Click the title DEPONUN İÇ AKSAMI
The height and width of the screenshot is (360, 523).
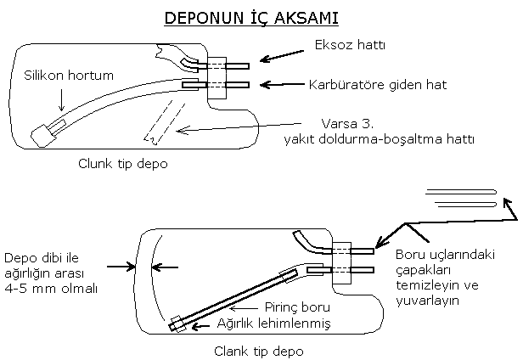[x=251, y=18]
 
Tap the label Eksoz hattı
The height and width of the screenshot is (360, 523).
[x=350, y=45]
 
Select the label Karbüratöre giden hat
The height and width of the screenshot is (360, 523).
[x=377, y=85]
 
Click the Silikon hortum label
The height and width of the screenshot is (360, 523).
[x=69, y=76]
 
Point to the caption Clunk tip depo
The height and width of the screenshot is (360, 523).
[x=123, y=164]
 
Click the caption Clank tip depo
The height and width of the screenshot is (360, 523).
[x=258, y=351]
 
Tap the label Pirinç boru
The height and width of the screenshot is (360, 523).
[x=297, y=307]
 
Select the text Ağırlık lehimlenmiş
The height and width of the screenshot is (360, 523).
[x=273, y=323]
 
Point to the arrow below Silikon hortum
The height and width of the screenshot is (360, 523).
[x=61, y=99]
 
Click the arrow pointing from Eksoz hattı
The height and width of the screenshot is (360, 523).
[x=282, y=56]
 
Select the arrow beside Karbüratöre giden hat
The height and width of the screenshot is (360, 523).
[x=282, y=85]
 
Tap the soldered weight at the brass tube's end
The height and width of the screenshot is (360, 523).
[x=177, y=323]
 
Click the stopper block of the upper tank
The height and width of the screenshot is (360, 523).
[x=217, y=78]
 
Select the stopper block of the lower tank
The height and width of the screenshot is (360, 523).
[x=341, y=263]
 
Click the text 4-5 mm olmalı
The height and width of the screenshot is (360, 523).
[x=51, y=289]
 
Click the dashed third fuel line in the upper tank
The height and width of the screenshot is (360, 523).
[x=165, y=122]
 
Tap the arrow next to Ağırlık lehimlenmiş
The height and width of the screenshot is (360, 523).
[x=200, y=327]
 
